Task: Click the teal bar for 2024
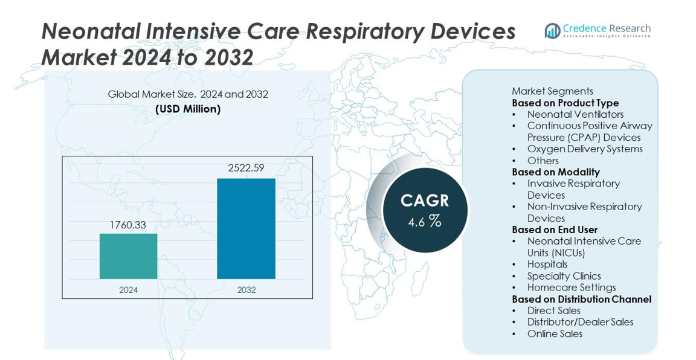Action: coord(128,256)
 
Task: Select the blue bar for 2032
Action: coord(246,228)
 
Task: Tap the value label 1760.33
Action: coord(128,225)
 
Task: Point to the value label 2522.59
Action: coord(246,168)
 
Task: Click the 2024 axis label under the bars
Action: coord(128,290)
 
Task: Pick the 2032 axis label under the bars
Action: coord(246,290)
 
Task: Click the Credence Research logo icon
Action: coord(552,31)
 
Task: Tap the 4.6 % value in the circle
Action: coord(425,222)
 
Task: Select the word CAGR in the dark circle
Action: coord(425,201)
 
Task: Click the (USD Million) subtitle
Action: coord(188,109)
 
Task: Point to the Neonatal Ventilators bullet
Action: coord(575,114)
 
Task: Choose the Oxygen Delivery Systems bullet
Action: coord(584,149)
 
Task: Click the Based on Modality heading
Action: coord(555,172)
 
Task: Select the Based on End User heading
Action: coord(554,230)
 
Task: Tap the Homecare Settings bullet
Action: coord(571,288)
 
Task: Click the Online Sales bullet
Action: coord(555,333)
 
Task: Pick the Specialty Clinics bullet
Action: coord(564,276)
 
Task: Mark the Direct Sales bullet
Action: coord(553,310)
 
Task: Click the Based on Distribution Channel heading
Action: coord(581,299)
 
